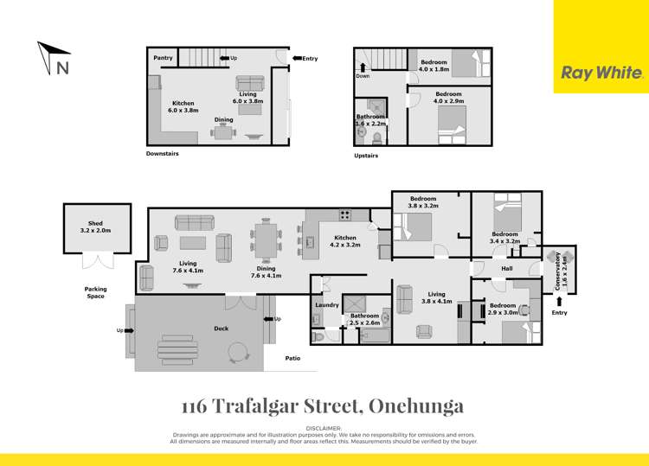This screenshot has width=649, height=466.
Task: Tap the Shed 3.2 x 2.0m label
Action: [x=95, y=227]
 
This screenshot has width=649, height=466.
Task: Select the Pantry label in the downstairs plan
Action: [x=163, y=59]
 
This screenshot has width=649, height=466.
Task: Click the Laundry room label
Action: [x=327, y=304]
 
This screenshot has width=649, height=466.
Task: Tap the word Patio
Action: [x=293, y=358]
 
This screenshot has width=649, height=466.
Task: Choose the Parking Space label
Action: [x=95, y=292]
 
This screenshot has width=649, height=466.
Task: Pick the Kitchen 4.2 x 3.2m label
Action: [x=345, y=241]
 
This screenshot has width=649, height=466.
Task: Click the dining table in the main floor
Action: [x=266, y=238]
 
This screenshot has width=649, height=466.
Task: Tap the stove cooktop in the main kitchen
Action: [x=344, y=215]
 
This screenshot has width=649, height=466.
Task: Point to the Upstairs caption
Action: [x=367, y=156]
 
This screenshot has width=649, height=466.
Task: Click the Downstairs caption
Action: [x=163, y=155]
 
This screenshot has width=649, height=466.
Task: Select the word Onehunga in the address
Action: [x=419, y=405]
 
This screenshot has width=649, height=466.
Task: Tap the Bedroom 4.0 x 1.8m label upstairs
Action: [x=434, y=65]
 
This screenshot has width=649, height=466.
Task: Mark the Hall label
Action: [x=507, y=269]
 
